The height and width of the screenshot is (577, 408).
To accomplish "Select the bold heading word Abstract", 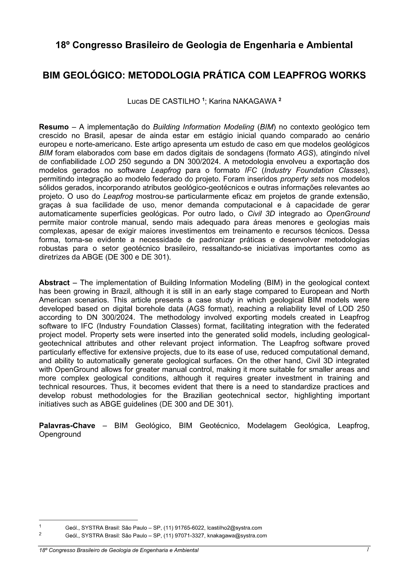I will pos(54,283).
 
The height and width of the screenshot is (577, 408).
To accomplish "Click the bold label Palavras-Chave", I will pos(67,426).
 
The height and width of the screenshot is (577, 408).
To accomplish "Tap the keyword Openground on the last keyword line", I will pos(60,434).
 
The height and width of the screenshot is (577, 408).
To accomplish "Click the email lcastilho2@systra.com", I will pos(235,528).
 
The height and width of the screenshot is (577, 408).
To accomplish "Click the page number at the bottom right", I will pos(367,550).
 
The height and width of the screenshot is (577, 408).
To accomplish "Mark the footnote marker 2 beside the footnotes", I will pos(40,534).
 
